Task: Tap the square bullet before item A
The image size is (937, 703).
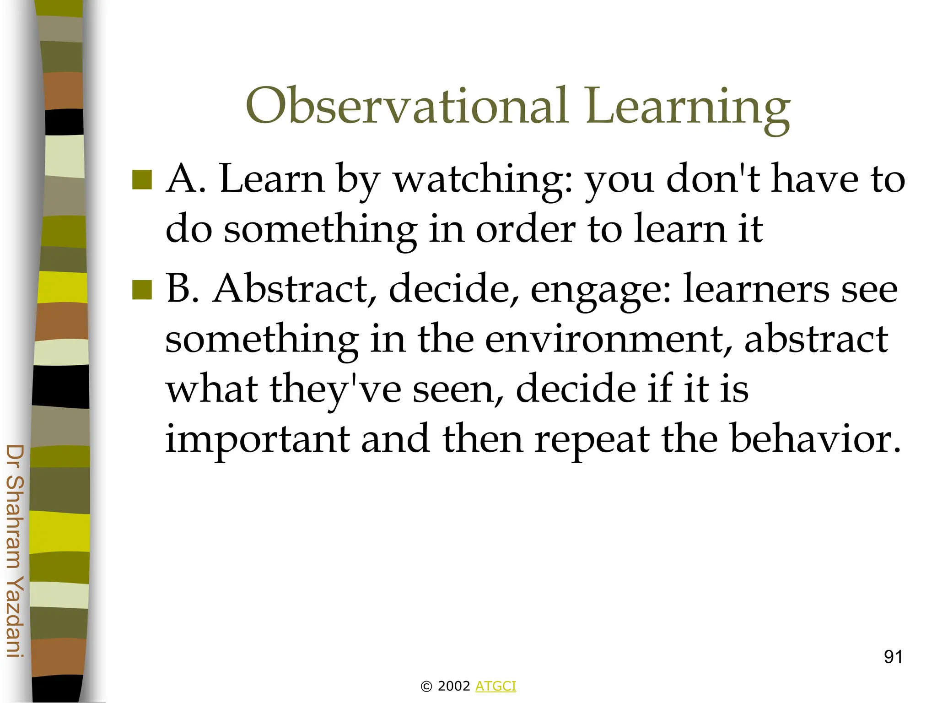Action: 142,180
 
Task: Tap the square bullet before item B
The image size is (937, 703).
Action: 142,290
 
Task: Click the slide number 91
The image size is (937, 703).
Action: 893,657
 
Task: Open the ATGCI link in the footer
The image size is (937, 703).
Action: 495,686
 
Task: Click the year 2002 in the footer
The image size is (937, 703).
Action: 453,686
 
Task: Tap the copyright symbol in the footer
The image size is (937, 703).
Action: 426,687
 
